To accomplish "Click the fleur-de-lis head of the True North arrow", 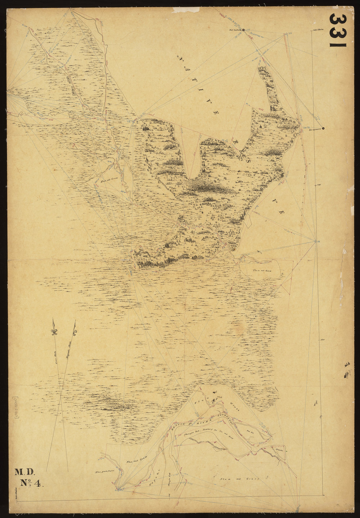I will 54,331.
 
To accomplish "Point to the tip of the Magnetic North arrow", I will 75,321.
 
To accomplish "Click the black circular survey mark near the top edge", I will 244,30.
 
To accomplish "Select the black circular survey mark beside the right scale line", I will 323,129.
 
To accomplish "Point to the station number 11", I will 319,241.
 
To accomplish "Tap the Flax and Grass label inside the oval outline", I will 261,270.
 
